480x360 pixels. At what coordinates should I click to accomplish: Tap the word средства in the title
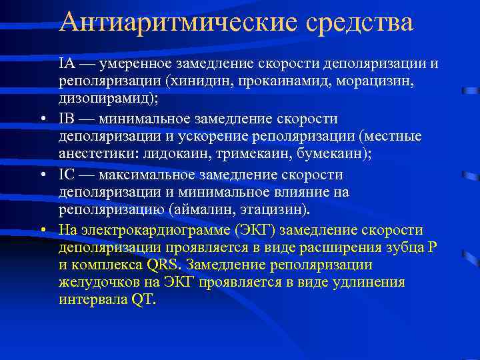[x=361, y=22]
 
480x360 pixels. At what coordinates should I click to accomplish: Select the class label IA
[x=67, y=63]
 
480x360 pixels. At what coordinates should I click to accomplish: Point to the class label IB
[x=67, y=119]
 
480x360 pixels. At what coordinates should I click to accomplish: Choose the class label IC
[x=67, y=175]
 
